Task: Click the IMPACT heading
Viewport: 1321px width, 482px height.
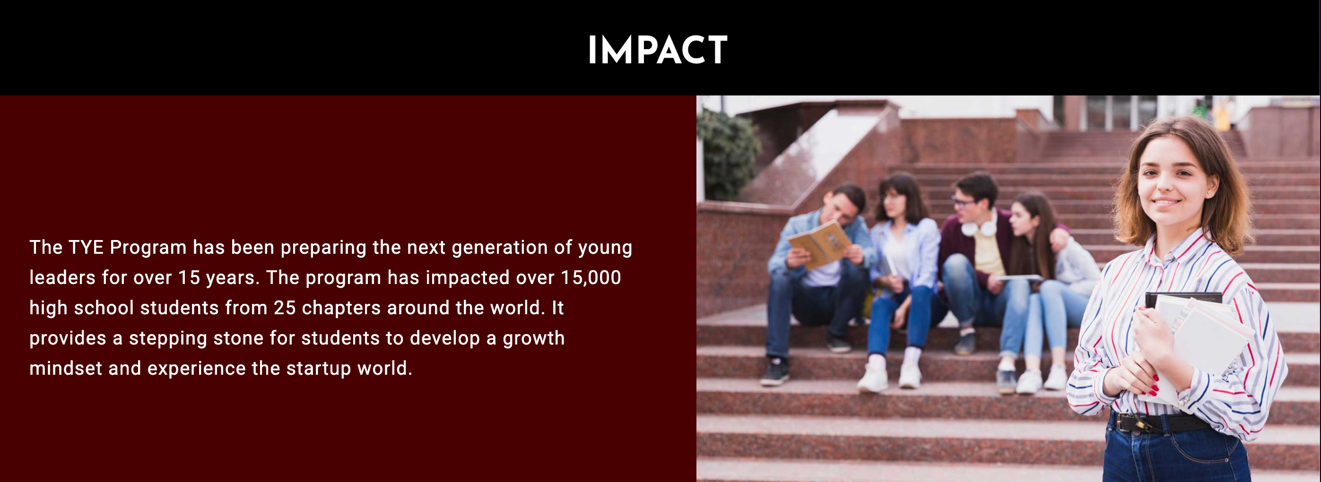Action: tap(657, 50)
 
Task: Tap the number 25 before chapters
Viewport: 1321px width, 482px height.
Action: tap(285, 308)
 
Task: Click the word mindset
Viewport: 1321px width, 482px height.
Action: tap(66, 369)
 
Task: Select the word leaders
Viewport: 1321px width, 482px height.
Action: tap(62, 278)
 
